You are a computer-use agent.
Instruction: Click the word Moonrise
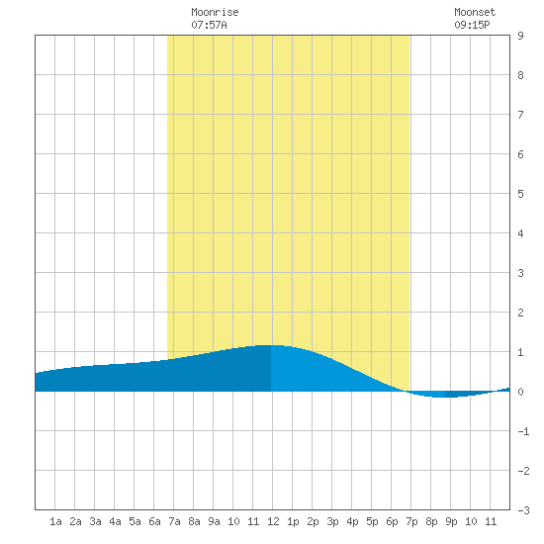[x=215, y=12]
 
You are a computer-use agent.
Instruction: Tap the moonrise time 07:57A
[x=209, y=25]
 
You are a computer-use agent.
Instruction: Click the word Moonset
[x=475, y=12]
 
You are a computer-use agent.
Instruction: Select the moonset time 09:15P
[x=472, y=25]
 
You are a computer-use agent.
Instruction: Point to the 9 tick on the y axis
[x=520, y=36]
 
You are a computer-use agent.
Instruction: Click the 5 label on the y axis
[x=520, y=194]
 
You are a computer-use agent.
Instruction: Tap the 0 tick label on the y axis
[x=520, y=392]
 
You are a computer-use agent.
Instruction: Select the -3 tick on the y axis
[x=523, y=510]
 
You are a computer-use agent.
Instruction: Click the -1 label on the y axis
[x=523, y=431]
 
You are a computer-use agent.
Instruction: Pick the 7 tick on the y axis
[x=520, y=115]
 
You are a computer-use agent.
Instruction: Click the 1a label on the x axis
[x=55, y=521]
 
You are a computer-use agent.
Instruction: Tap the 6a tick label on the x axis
[x=154, y=521]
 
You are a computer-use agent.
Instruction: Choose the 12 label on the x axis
[x=273, y=521]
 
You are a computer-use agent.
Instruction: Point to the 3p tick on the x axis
[x=332, y=521]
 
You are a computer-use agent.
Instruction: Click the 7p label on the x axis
[x=411, y=521]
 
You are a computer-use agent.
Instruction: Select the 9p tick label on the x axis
[x=451, y=521]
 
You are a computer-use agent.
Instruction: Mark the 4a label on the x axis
[x=115, y=521]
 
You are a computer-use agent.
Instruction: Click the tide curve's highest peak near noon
[x=272, y=345]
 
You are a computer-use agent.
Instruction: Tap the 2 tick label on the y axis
[x=520, y=313]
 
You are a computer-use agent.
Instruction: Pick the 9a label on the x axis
[x=214, y=521]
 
